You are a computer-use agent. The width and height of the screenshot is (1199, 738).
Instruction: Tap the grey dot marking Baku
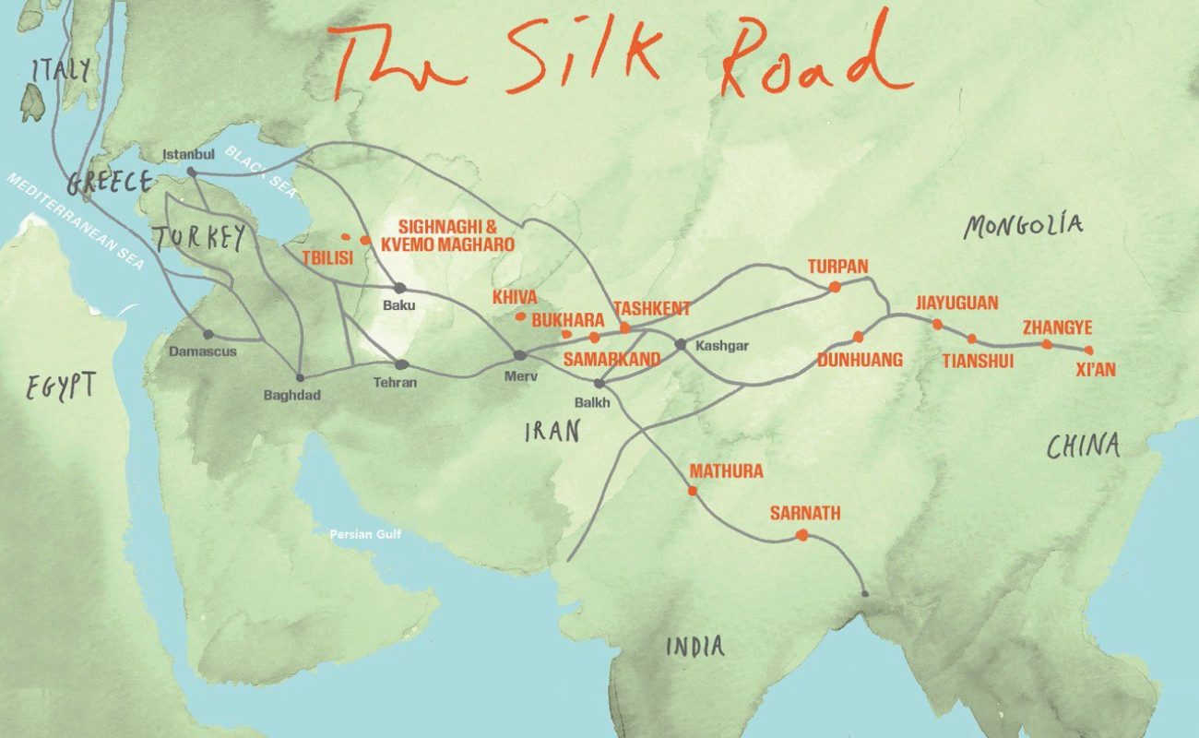click(x=399, y=288)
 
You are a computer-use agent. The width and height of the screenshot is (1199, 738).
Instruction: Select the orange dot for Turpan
click(x=835, y=287)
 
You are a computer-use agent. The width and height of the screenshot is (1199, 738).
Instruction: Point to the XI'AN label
click(x=1096, y=370)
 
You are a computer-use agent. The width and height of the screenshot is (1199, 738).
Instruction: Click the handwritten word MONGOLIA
click(x=1023, y=225)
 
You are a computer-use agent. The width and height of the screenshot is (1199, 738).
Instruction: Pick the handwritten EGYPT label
click(x=61, y=386)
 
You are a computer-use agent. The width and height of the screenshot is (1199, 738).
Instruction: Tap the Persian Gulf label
click(x=366, y=534)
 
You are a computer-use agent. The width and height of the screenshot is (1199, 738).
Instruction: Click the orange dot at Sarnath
click(x=801, y=535)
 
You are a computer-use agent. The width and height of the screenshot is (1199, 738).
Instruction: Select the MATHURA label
click(x=727, y=471)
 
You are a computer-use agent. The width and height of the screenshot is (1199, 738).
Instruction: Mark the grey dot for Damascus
click(x=208, y=334)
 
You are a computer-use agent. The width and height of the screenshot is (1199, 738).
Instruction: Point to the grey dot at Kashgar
click(x=681, y=344)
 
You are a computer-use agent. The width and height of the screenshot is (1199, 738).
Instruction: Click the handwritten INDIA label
click(x=695, y=647)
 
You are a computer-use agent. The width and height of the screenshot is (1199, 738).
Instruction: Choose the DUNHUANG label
click(x=860, y=360)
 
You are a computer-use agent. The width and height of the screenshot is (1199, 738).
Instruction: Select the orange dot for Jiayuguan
click(x=937, y=324)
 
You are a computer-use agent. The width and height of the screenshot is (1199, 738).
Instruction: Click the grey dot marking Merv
click(x=520, y=355)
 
